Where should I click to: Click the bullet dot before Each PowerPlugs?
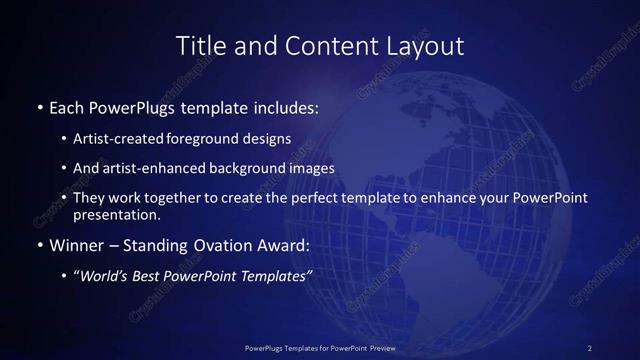(x=38, y=106)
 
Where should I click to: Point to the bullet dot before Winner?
(x=38, y=245)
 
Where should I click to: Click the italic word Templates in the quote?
(x=272, y=277)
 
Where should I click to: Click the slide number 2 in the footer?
(x=589, y=347)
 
